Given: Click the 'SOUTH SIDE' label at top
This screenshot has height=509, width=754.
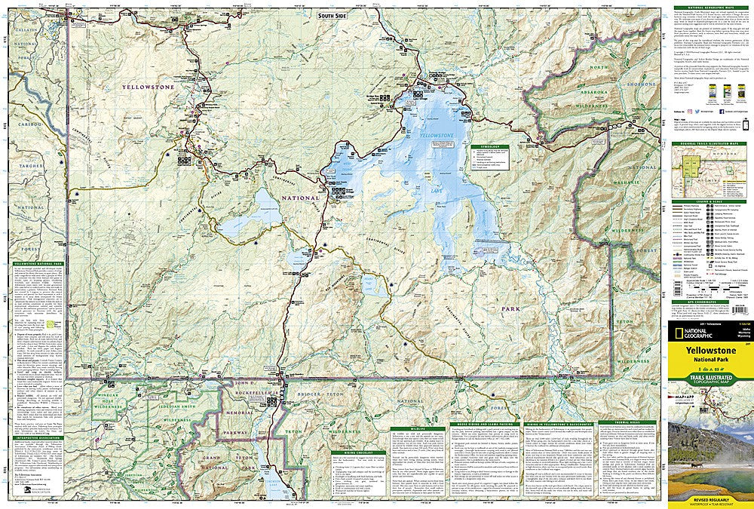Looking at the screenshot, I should click(x=332, y=16).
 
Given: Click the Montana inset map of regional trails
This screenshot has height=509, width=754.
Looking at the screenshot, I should click(x=710, y=163).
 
